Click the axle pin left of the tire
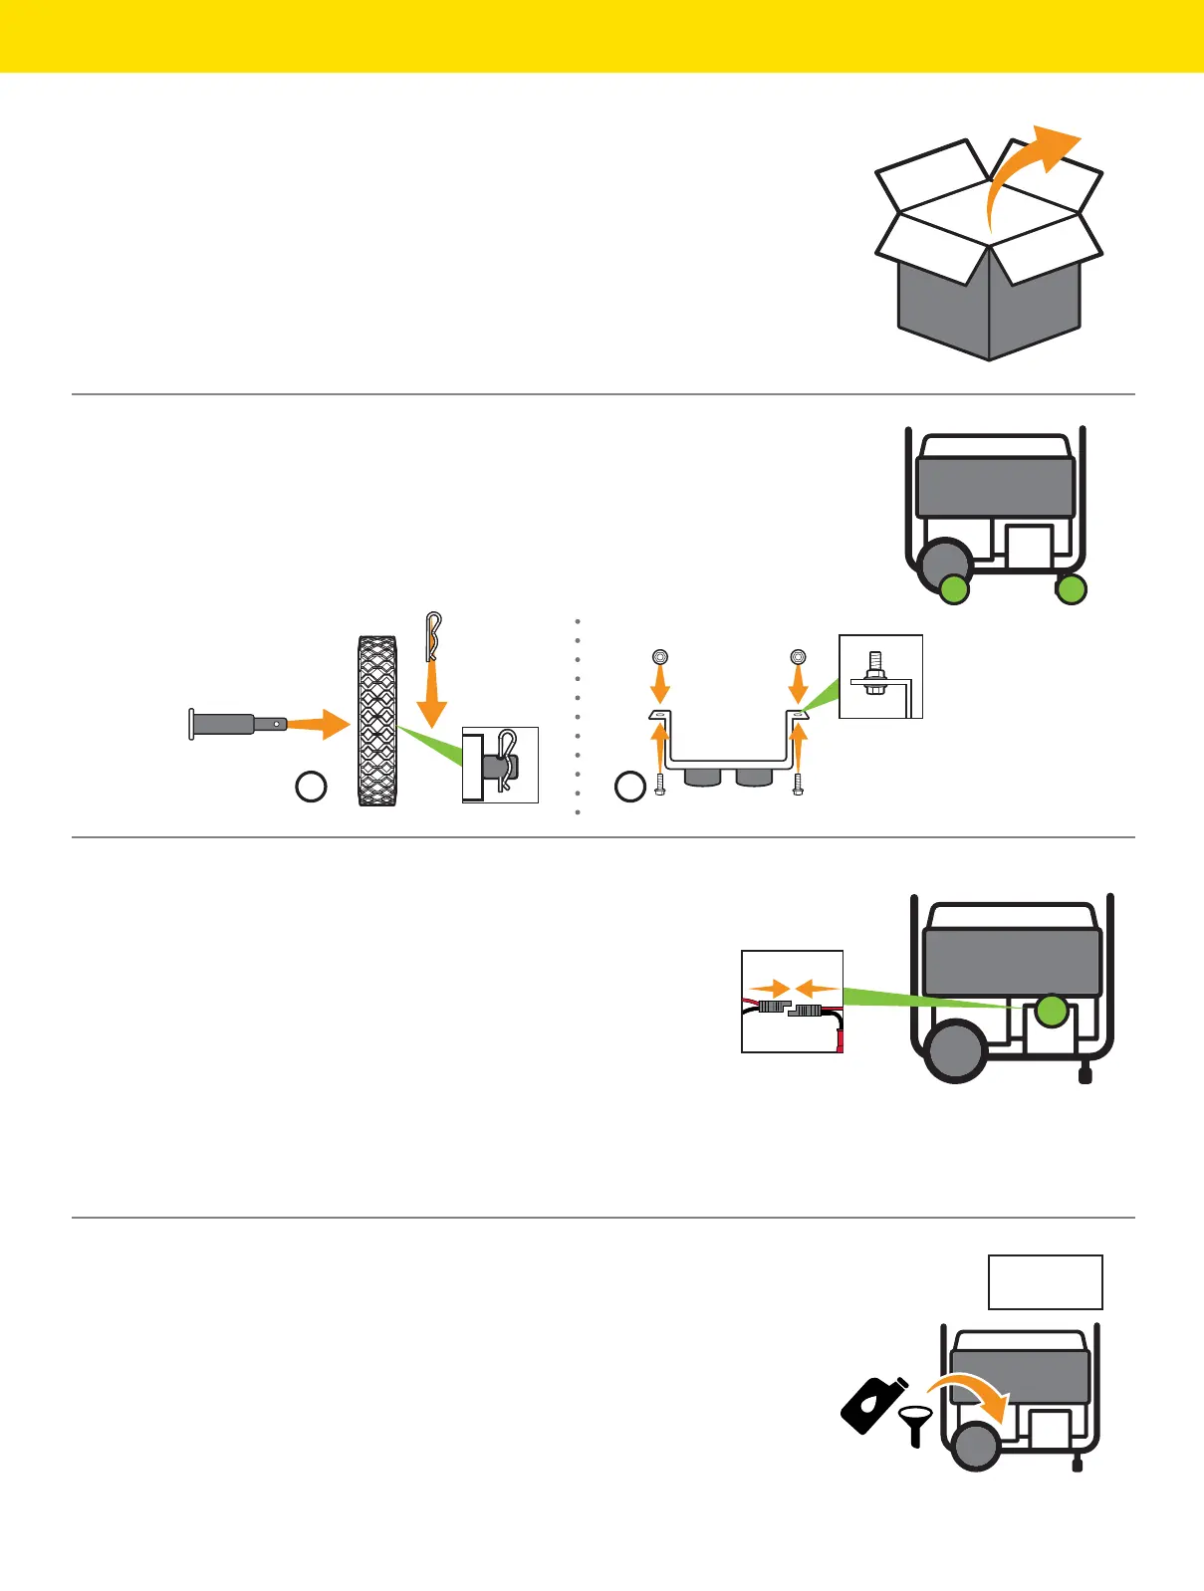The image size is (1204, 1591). pyautogui.click(x=234, y=724)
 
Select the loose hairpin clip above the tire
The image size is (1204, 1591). pyautogui.click(x=431, y=635)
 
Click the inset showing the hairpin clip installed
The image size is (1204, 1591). pyautogui.click(x=500, y=765)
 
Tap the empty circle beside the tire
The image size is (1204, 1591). pyautogui.click(x=312, y=787)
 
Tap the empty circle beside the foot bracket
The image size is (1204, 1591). pyautogui.click(x=630, y=788)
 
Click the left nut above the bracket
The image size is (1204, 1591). pyautogui.click(x=659, y=657)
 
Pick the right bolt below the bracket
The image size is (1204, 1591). pyautogui.click(x=797, y=784)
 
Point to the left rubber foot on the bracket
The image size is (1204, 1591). pyautogui.click(x=703, y=776)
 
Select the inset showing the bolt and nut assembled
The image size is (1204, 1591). pyautogui.click(x=880, y=676)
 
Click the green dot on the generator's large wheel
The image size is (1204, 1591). pyautogui.click(x=954, y=589)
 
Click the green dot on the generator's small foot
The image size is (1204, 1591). pyautogui.click(x=1072, y=590)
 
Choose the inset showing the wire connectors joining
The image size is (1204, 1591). pyautogui.click(x=793, y=1002)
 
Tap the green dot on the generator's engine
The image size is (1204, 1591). pyautogui.click(x=1051, y=1012)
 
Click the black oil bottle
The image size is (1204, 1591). pyautogui.click(x=872, y=1404)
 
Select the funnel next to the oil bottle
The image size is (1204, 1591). pyautogui.click(x=915, y=1424)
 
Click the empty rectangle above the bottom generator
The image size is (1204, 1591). pyautogui.click(x=1045, y=1282)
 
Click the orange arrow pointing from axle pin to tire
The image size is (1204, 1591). pyautogui.click(x=319, y=724)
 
